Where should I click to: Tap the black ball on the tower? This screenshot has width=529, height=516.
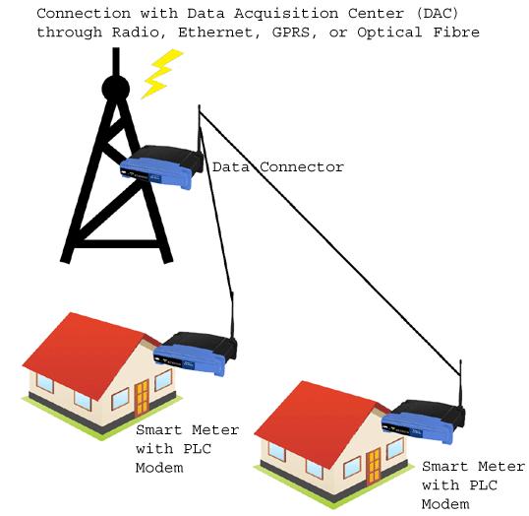(x=116, y=89)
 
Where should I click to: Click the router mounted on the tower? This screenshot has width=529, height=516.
(x=162, y=166)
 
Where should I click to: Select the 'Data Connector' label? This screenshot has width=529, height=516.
(x=278, y=167)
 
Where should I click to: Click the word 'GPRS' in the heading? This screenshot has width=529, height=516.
(x=291, y=32)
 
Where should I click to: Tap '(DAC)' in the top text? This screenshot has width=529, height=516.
(x=438, y=14)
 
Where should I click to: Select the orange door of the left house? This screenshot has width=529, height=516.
(x=142, y=398)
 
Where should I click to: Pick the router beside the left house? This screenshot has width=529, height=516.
(x=196, y=354)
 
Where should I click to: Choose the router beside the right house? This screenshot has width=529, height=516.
(x=424, y=421)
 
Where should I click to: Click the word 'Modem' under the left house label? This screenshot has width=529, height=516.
(x=159, y=468)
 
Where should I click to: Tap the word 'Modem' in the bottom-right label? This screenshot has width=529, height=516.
(x=445, y=504)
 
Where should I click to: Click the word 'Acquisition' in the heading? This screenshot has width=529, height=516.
(x=286, y=14)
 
